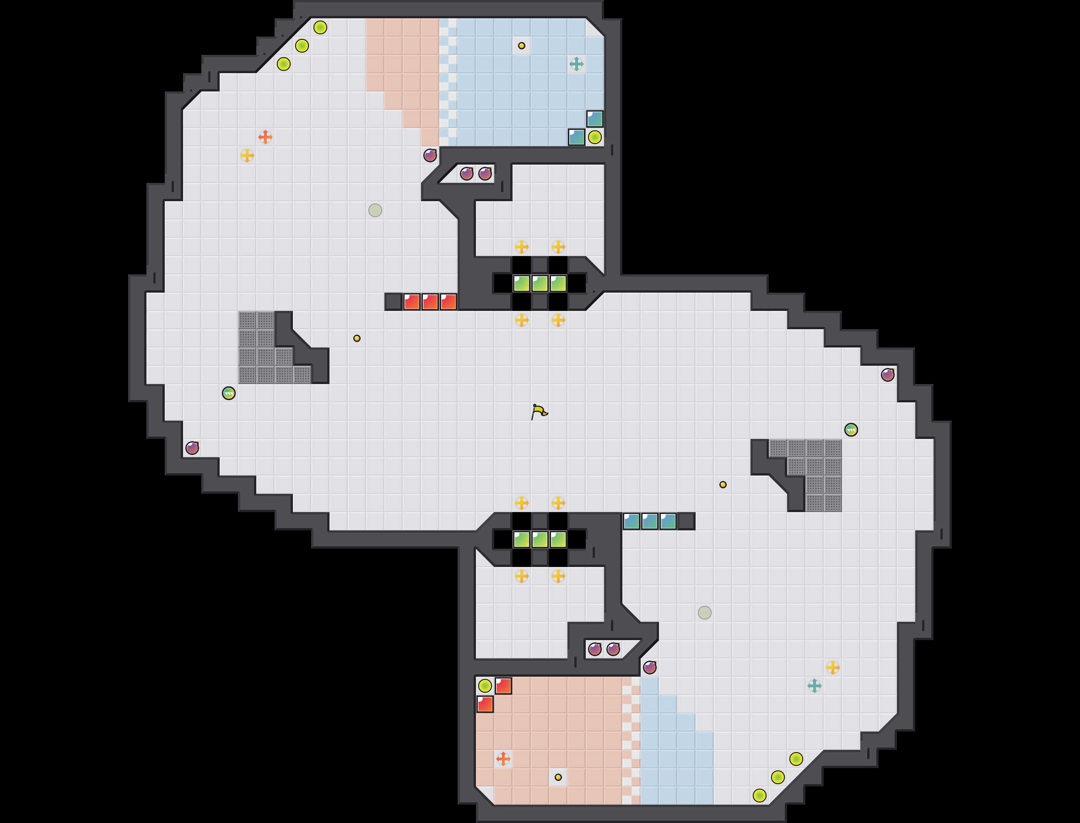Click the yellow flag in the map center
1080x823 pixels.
tap(539, 411)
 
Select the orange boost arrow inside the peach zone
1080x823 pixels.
tap(503, 759)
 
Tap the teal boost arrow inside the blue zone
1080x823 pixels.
tap(577, 64)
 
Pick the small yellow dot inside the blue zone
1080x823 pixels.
tap(522, 46)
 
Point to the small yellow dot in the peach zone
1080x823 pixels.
tap(558, 777)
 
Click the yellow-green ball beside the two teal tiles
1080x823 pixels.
tap(594, 137)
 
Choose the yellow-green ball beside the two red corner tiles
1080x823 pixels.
tap(485, 685)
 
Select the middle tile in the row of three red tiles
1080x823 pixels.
tap(430, 302)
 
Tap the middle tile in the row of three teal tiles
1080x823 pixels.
tap(649, 521)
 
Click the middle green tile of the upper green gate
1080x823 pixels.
tap(540, 283)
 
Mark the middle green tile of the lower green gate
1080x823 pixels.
tap(540, 540)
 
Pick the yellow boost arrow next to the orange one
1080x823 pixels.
tap(247, 155)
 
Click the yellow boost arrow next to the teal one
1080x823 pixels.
tap(832, 667)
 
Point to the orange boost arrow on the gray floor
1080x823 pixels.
tap(265, 137)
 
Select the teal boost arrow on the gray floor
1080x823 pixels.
tap(814, 685)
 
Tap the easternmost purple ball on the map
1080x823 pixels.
tap(888, 375)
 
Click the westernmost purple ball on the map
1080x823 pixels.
tap(192, 448)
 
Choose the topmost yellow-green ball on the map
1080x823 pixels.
tap(320, 27)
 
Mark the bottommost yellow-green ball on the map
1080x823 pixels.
tap(759, 796)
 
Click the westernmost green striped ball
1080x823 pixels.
tap(228, 393)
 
